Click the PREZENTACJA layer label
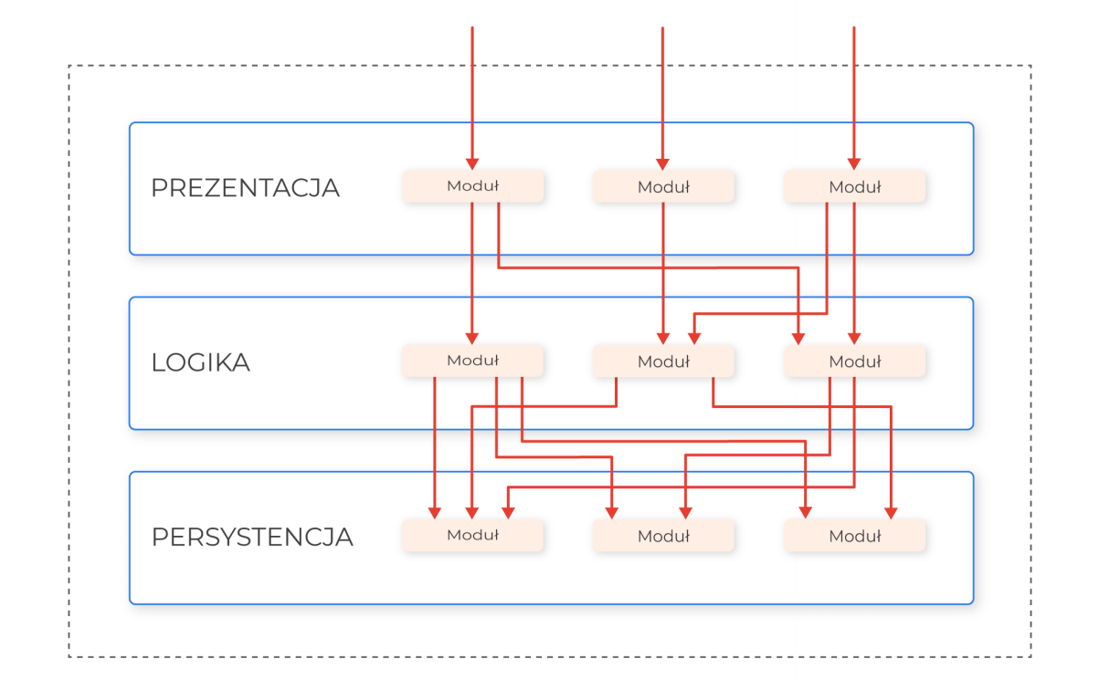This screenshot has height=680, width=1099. click(245, 188)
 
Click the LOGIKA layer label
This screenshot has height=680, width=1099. click(200, 362)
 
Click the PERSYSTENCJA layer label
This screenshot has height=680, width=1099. click(252, 537)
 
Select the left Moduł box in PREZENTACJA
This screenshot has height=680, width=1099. click(473, 186)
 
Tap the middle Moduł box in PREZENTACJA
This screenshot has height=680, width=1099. click(663, 187)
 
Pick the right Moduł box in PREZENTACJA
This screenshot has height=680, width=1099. click(855, 187)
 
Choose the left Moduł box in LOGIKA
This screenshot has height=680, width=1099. click(473, 361)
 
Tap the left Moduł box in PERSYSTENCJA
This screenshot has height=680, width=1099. click(473, 536)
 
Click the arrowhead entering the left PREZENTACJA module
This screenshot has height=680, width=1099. click(472, 163)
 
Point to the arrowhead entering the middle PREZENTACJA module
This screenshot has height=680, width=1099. click(662, 163)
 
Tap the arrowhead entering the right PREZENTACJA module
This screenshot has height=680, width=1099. click(854, 163)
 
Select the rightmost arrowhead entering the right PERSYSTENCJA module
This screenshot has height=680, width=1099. click(891, 513)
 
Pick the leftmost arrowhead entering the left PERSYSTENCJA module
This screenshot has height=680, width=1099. click(435, 513)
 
